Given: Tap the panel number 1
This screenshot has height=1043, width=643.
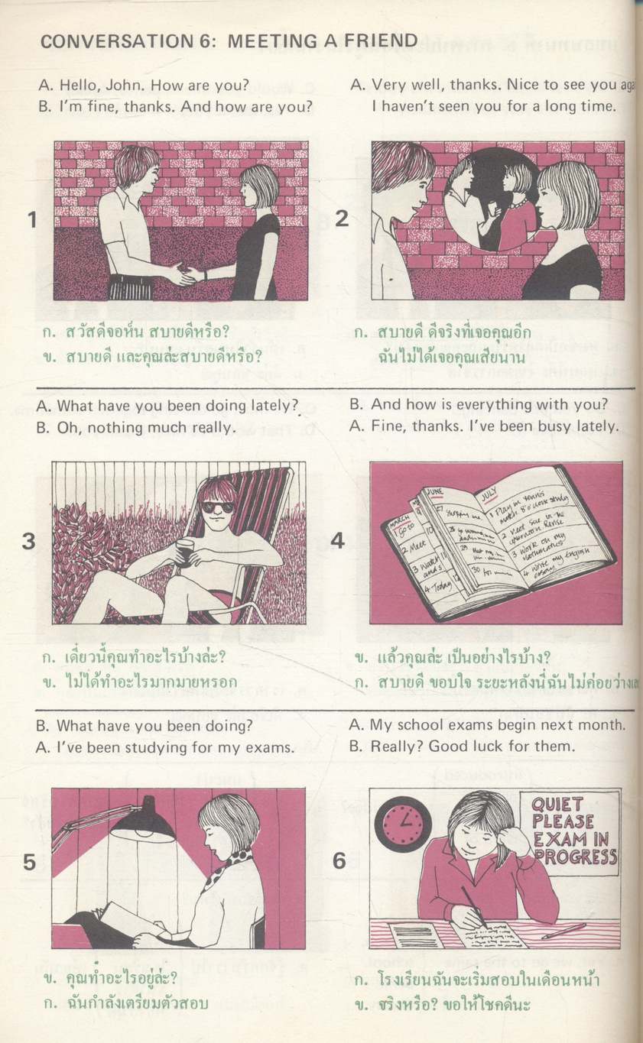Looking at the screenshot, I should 31,220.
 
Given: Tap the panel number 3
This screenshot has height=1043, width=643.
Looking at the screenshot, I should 29,542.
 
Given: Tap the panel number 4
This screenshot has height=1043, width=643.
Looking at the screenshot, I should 338,541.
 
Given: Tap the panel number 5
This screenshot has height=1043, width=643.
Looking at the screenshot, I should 29,862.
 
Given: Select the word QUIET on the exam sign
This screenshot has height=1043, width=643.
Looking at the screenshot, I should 557,805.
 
